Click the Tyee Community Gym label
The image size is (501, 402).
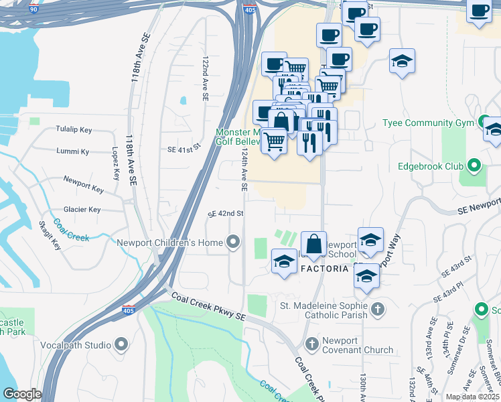428,123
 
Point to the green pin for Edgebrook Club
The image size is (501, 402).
474,165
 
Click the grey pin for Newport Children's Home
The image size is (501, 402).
233,241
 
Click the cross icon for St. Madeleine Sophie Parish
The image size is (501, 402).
378,309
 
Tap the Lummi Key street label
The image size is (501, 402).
73,152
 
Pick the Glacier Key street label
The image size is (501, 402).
82,210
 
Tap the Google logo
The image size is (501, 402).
22,394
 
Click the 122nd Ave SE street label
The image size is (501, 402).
206,78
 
